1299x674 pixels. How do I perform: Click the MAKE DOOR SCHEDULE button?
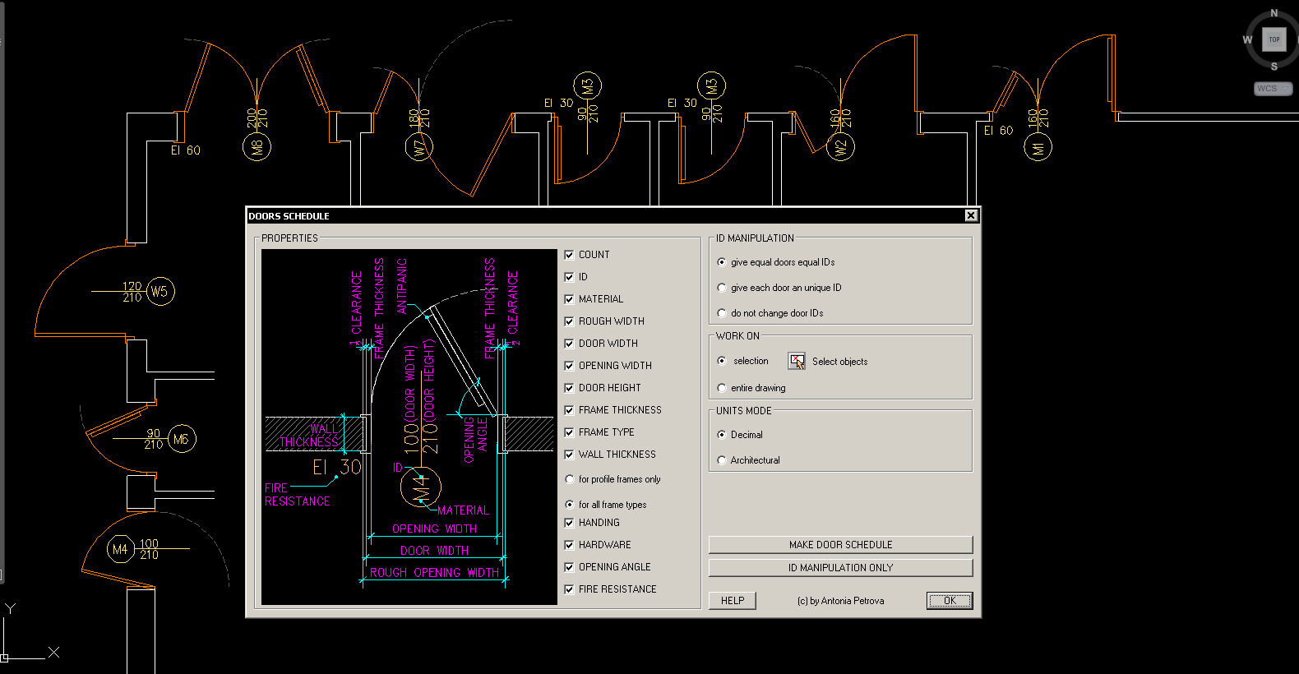tap(840, 545)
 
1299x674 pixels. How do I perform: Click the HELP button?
tap(732, 601)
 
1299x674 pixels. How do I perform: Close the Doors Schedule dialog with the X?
tap(971, 215)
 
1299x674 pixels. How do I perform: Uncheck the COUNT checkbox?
tap(569, 255)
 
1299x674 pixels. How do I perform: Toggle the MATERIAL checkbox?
tap(569, 299)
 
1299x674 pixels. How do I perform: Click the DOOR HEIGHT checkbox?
tap(569, 388)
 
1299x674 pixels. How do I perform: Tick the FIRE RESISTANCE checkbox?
tap(569, 589)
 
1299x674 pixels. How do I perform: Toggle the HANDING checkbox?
tap(569, 523)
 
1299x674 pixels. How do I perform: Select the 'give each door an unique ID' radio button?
tap(722, 288)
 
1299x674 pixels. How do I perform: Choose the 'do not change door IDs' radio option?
tap(722, 313)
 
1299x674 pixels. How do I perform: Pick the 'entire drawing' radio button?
tap(722, 388)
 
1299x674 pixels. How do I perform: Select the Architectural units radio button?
tap(722, 460)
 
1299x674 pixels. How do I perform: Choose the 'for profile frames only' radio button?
tap(570, 479)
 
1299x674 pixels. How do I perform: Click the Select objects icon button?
tap(797, 361)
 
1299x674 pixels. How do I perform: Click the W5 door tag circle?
tap(159, 291)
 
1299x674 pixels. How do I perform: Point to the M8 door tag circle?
tap(257, 147)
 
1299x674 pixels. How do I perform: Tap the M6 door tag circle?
tap(181, 440)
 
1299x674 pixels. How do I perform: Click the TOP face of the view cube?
tap(1274, 39)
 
